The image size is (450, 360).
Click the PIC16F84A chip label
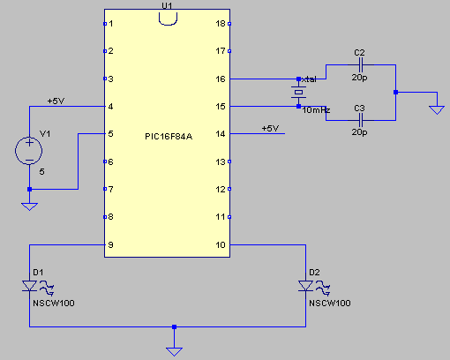169,137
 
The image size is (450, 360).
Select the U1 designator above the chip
167,5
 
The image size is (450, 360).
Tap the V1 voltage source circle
29,151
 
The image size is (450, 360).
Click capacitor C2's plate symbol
361,64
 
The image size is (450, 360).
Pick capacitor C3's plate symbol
361,120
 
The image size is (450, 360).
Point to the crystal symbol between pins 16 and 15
298,93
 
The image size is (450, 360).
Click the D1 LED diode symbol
29,286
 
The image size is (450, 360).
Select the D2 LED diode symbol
305,286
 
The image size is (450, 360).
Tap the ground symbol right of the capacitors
437,110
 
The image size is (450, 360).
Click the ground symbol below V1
29,206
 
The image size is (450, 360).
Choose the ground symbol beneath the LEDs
174,351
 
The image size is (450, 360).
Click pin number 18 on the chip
221,24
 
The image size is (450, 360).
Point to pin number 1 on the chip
111,24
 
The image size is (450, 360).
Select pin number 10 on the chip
221,245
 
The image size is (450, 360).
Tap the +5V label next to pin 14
270,129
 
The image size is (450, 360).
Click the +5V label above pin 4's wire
56,101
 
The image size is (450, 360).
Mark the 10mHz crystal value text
316,110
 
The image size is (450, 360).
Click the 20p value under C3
359,132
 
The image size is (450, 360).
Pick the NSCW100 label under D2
330,304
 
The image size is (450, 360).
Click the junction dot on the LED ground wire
174,326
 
